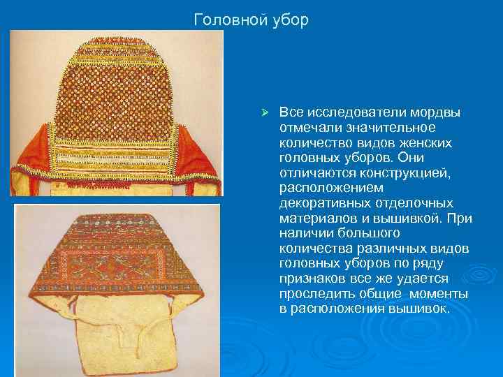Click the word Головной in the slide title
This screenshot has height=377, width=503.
pyautogui.click(x=228, y=20)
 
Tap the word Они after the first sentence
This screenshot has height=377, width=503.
pyautogui.click(x=438, y=157)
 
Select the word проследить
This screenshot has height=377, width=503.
pyautogui.click(x=312, y=294)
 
